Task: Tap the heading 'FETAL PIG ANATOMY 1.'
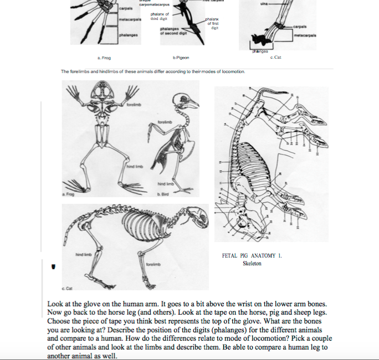pyautogui.click(x=253, y=256)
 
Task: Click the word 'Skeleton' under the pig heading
pyautogui.click(x=252, y=264)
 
